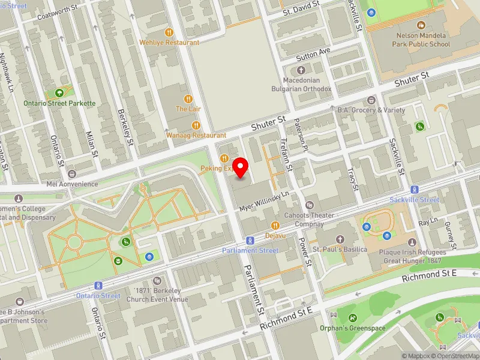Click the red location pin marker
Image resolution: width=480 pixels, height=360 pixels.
coord(241,167)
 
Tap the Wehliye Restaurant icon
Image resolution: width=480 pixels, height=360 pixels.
coord(169,32)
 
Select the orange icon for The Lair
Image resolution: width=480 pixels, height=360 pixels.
coord(188,98)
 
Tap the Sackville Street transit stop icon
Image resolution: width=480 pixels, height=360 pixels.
coord(414,189)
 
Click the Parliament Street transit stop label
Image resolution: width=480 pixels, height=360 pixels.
coord(250,250)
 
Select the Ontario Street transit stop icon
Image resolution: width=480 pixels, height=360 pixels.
coord(98,286)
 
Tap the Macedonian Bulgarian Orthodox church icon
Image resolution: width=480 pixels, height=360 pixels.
coord(309,70)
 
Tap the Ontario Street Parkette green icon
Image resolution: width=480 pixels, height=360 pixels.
coord(59,93)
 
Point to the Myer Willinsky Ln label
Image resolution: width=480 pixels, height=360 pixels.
coord(265,200)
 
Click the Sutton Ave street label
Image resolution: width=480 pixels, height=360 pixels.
coord(314,55)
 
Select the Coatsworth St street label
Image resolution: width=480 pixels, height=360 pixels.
coord(58,13)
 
